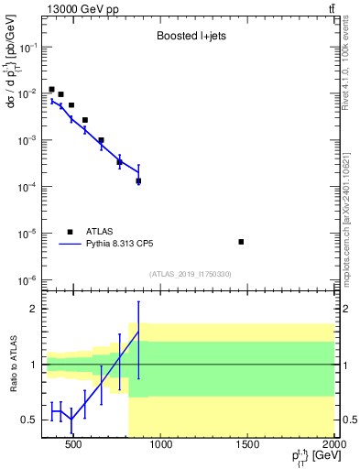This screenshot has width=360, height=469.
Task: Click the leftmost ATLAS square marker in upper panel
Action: click(51, 90)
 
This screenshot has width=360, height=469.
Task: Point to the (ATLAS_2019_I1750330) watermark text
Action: click(190, 274)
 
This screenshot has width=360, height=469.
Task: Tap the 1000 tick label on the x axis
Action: click(161, 446)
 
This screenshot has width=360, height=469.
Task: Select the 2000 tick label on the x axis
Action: click(334, 446)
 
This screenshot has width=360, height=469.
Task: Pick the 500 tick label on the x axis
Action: click(74, 446)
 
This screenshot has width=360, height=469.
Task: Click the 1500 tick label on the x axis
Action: click(248, 446)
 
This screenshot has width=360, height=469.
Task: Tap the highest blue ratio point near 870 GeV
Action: click(138, 332)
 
